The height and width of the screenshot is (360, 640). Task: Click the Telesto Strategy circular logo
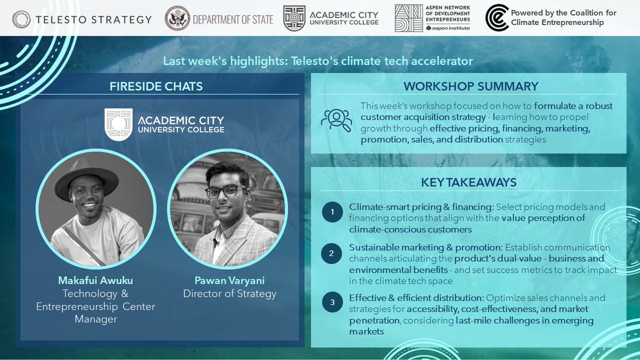(23, 19)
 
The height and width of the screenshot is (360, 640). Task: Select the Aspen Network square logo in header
(410, 18)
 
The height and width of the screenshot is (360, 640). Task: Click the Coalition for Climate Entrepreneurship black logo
(497, 18)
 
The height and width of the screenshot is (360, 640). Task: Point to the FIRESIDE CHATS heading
(156, 86)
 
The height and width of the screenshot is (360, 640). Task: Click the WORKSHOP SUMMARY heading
(470, 86)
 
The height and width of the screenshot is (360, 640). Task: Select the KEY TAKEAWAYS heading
(468, 182)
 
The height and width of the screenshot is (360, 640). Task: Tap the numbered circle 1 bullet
(333, 212)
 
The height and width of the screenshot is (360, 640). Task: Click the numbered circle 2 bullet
(332, 253)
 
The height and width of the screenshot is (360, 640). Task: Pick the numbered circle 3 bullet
(333, 303)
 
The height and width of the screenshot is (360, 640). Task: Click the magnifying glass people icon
(336, 120)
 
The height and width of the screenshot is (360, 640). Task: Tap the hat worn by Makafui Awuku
(86, 177)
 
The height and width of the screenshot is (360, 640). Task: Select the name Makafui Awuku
(95, 280)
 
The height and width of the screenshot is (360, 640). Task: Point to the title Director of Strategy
(229, 293)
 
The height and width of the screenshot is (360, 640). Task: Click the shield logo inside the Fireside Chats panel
(118, 124)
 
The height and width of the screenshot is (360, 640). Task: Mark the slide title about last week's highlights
(318, 61)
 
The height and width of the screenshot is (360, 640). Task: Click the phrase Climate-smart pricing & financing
(405, 206)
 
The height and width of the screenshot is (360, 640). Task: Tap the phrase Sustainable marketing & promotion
(426, 247)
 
